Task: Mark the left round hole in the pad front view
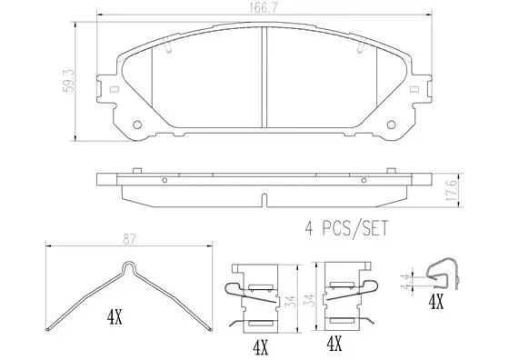point(137,125)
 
